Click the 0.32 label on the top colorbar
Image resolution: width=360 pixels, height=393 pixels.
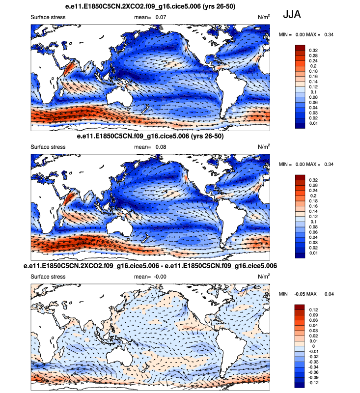tap(312, 50)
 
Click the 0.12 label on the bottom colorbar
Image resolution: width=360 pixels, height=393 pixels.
tap(312, 309)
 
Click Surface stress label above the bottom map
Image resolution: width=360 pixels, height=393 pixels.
tap(48, 277)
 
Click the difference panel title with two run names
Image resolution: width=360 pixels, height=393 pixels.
tap(150, 265)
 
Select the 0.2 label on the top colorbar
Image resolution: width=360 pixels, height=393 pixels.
tap(312, 66)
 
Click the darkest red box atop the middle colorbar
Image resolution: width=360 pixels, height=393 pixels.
tap(300, 177)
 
